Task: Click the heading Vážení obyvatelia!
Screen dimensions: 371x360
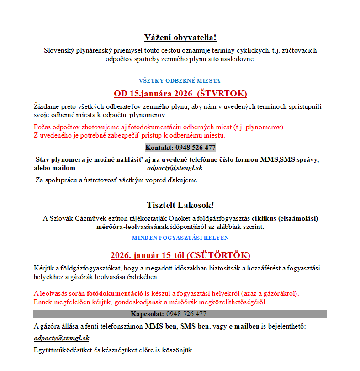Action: (x=180, y=37)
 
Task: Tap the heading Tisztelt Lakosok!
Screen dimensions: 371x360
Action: (x=180, y=205)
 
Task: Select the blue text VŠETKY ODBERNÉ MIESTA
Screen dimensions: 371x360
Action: (x=180, y=81)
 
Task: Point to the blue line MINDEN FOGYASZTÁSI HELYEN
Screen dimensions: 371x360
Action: (x=180, y=238)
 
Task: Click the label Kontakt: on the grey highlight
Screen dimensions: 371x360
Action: (x=159, y=148)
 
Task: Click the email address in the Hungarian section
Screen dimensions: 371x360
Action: (x=61, y=339)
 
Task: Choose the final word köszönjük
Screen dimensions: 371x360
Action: (x=179, y=350)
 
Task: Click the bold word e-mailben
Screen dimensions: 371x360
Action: (x=244, y=327)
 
